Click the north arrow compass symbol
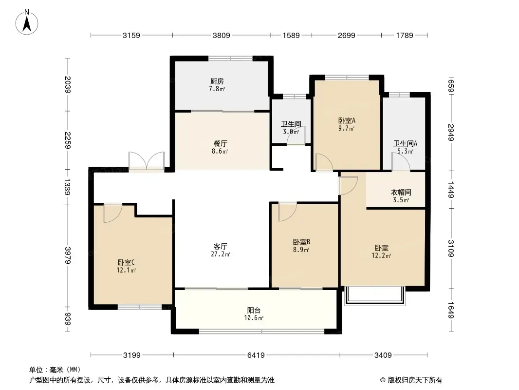27,22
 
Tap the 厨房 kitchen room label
217,81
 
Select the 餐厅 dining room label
221,143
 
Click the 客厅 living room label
221,247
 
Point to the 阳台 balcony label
254,311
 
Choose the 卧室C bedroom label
126,263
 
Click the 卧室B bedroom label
301,242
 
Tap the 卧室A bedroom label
347,120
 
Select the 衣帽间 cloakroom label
401,192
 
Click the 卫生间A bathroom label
405,143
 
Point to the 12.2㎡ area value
381,255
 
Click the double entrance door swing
146,161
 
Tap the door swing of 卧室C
112,213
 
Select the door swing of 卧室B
287,212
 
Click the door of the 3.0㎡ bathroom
296,135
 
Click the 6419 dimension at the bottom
256,355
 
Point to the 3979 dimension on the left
68,255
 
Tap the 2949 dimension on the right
451,132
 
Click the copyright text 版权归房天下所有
415,380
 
